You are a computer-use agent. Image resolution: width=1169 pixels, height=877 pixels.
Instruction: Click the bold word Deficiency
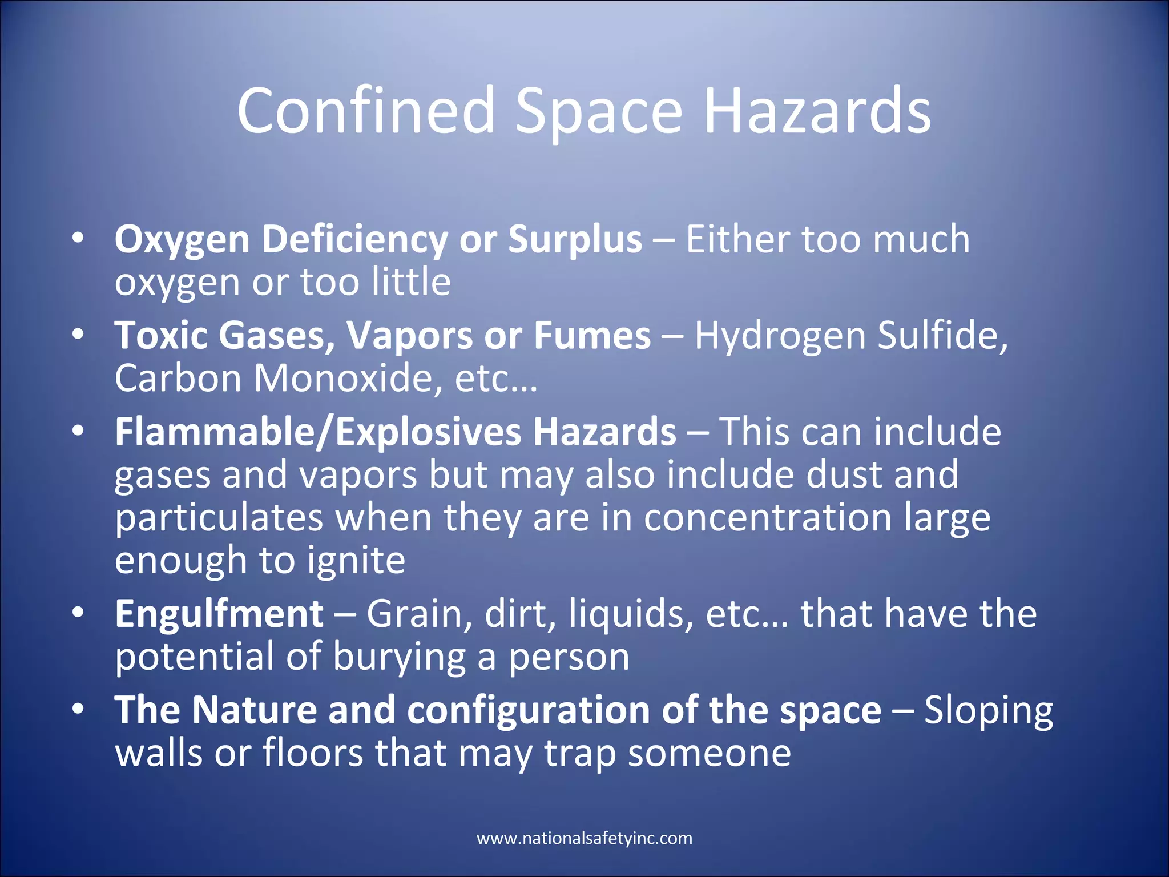pos(354,240)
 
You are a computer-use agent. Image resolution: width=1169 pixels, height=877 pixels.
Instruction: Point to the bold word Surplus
pos(575,240)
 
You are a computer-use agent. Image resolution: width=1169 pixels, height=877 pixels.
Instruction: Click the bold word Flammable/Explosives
pos(317,432)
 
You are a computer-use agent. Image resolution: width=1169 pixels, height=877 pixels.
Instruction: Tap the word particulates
pos(219,518)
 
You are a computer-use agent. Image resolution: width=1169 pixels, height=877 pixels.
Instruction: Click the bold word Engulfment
pos(219,615)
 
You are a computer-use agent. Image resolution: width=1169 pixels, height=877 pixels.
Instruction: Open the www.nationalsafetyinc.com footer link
pos(584,838)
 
